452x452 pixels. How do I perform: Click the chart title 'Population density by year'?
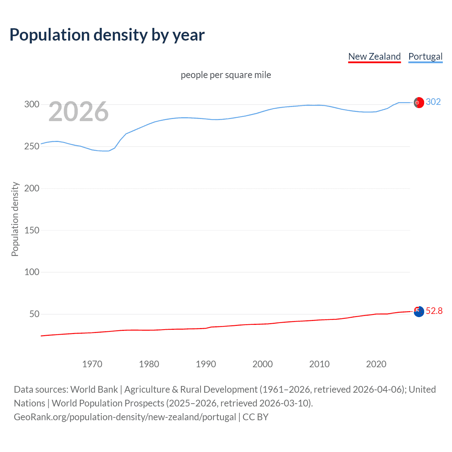[107, 35]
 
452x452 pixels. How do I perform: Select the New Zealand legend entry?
[374, 56]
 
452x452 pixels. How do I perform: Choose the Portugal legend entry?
[425, 56]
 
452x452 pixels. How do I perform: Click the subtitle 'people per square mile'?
[226, 75]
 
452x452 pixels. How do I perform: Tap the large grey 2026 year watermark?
[78, 112]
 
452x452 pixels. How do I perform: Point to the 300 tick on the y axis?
[32, 104]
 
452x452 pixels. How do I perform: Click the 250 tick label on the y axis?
[32, 146]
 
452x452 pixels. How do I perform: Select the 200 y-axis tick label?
[32, 188]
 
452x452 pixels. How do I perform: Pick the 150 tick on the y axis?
[32, 230]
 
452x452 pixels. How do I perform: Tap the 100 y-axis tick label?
[32, 272]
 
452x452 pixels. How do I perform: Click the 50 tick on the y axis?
[34, 314]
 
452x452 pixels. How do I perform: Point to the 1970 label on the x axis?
[92, 364]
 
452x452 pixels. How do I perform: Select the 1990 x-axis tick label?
[206, 364]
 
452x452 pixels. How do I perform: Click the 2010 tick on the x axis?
[319, 364]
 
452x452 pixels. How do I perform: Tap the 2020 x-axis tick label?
[376, 364]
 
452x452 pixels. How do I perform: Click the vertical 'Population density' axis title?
[15, 219]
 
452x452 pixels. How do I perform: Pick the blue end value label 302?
[433, 102]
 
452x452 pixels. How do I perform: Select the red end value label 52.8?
[434, 311]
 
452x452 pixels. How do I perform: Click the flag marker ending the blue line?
[419, 102]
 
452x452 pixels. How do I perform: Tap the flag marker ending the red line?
[419, 311]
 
